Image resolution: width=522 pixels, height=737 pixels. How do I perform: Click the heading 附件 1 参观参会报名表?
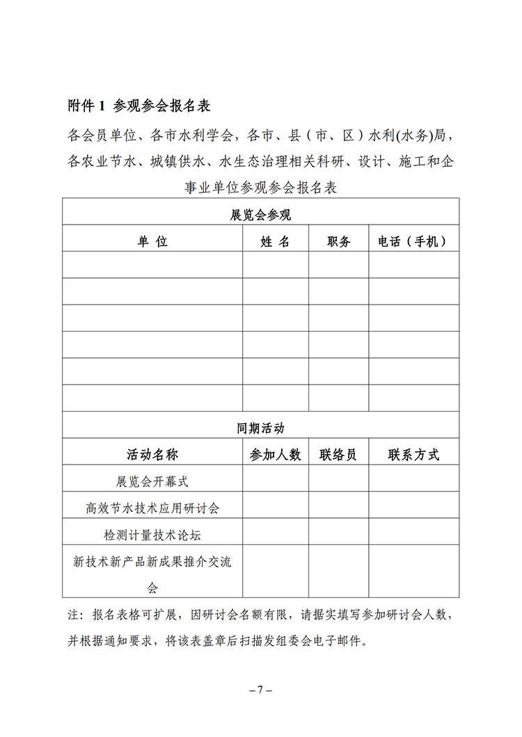coord(139,106)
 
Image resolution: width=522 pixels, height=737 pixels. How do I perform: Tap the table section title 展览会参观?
coord(260,215)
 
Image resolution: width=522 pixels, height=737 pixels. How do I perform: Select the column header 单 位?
coord(152,241)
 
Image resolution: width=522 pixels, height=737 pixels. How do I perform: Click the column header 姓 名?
coord(275,241)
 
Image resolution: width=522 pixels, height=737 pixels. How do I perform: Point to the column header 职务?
coord(338,241)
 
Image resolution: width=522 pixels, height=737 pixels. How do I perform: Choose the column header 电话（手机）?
coord(413,241)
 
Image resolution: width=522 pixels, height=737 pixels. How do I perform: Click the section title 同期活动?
coord(260,428)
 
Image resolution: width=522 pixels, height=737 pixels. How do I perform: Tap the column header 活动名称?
coord(152,455)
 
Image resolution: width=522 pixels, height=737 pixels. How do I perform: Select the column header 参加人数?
coord(275,455)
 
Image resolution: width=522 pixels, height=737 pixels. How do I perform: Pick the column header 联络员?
coord(338,455)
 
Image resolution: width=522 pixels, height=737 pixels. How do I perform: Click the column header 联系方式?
coord(413,455)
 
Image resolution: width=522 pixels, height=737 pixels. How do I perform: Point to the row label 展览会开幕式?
coord(152,481)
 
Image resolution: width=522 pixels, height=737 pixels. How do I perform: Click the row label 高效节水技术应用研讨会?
coord(152,508)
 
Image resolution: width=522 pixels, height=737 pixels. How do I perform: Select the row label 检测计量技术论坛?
coord(152,535)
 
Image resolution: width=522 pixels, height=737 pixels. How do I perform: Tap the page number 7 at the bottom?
coord(260,690)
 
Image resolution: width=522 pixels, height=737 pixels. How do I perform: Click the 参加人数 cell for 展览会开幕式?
coord(275,478)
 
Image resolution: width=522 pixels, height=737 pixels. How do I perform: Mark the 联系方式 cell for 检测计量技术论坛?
coord(413,532)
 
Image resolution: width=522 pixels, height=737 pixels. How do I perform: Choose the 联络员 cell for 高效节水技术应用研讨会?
coord(338,505)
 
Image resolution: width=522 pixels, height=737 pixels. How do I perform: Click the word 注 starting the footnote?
coord(72,615)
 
